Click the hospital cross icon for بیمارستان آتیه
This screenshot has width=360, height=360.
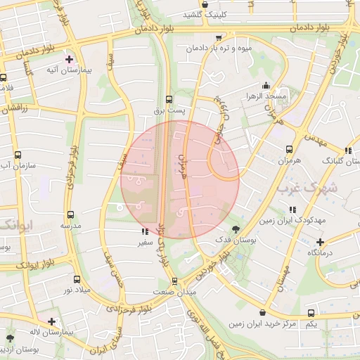pos(69,59)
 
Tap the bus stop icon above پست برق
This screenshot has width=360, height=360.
pos(167,99)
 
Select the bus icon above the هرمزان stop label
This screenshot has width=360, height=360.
pos(289,149)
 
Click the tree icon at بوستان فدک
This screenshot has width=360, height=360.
pos(235,229)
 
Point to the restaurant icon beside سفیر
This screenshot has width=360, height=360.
pos(144,231)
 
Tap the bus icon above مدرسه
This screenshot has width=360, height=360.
pos(69,214)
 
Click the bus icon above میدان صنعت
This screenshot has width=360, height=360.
pos(174,281)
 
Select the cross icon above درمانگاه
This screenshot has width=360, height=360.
pos(319,241)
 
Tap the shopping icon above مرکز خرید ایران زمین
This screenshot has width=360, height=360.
pos(262,312)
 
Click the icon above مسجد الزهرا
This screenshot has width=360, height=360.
pos(264,85)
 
